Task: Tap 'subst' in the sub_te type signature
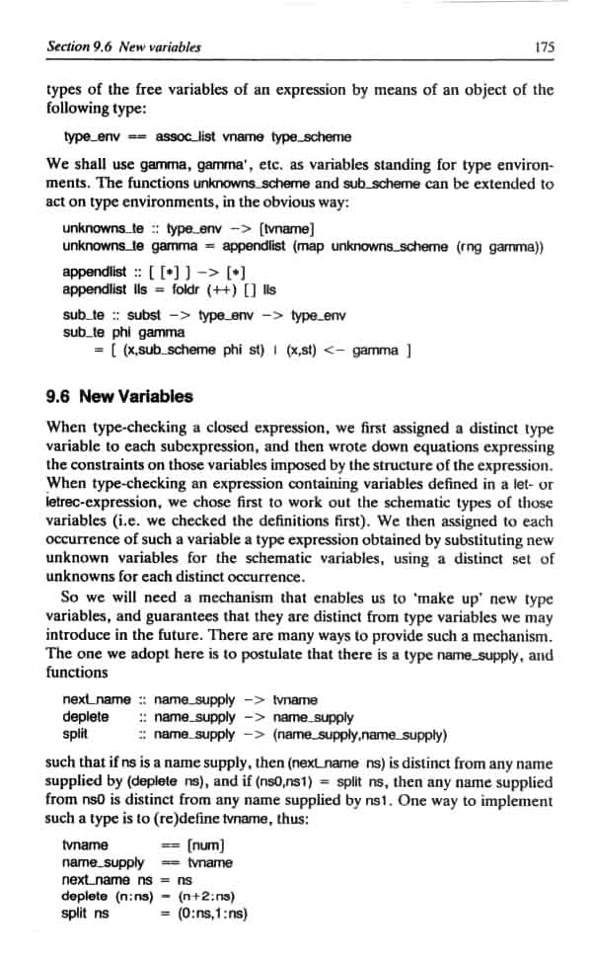146,316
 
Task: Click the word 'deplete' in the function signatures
85,716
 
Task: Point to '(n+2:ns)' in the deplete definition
210,896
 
